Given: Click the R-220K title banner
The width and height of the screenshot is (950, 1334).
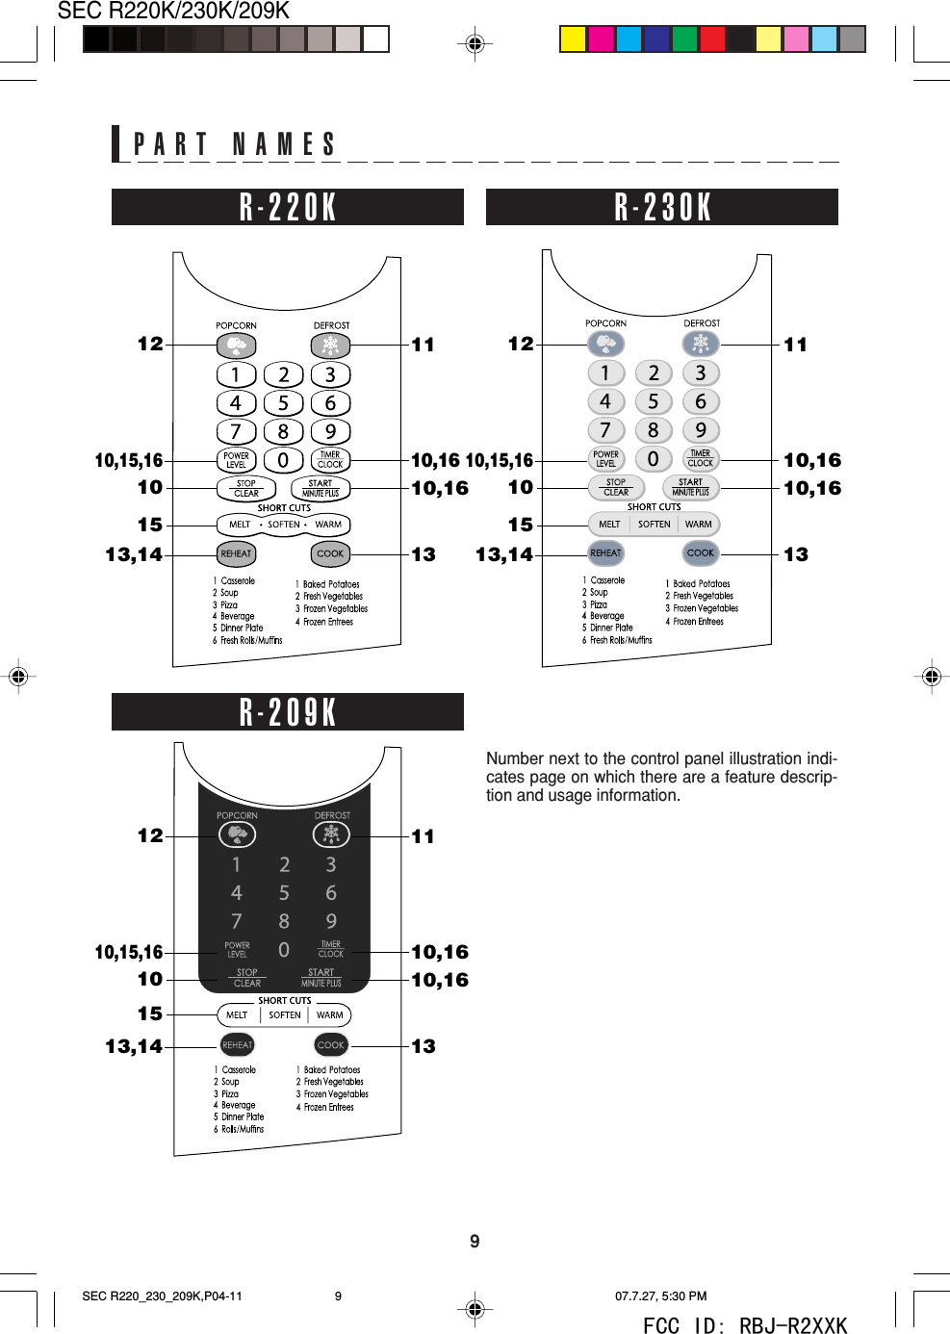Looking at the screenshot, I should [288, 207].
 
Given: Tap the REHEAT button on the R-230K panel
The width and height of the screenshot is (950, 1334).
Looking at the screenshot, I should [605, 552].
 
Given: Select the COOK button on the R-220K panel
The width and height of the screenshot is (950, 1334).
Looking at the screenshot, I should [330, 553].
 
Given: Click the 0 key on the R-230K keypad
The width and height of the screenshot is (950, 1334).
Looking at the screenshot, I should [653, 459].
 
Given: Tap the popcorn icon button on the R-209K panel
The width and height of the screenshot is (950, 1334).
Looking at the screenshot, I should [237, 834].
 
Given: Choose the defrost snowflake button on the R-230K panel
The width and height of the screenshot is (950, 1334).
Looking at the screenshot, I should [701, 343].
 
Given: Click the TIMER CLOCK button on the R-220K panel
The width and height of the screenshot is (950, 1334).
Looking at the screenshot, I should [330, 460].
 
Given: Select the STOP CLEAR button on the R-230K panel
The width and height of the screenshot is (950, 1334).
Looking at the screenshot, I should [616, 487].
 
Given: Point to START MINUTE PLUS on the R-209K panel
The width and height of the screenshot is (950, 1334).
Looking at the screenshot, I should [321, 978].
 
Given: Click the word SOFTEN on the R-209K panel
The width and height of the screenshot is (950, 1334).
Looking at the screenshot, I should [285, 1014].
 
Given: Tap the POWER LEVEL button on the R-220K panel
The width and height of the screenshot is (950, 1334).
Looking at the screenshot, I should [236, 460].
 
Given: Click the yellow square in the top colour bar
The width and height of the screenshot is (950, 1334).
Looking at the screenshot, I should [573, 38].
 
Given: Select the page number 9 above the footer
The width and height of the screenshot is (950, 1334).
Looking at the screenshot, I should [475, 1242].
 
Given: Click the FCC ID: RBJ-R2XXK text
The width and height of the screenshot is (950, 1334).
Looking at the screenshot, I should [745, 1326].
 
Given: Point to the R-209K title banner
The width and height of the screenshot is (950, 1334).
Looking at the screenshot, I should [288, 712].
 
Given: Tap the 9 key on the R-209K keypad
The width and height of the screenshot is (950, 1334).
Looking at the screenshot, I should [331, 921].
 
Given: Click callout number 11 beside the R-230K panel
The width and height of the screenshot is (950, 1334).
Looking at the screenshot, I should [795, 345].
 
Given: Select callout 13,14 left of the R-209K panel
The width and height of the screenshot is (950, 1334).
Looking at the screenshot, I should [134, 1046].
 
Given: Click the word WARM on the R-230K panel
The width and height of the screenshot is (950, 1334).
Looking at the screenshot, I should [699, 525].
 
